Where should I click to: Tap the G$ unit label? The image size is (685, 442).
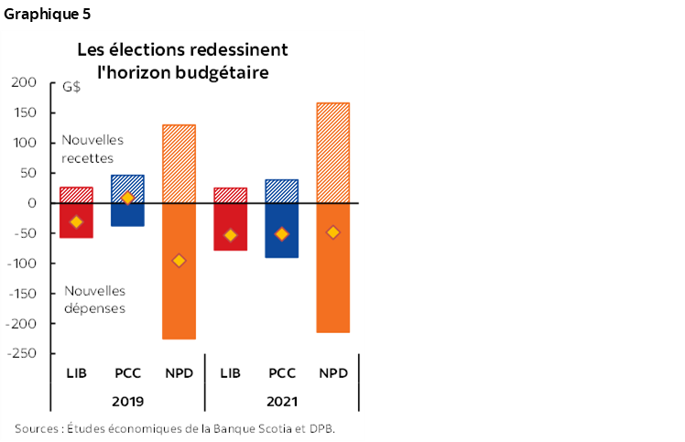pos(71,88)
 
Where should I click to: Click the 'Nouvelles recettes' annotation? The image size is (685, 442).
pos(92,148)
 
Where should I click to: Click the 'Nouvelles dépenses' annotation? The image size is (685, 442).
pos(95,299)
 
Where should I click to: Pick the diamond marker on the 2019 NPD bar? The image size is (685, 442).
pos(179,261)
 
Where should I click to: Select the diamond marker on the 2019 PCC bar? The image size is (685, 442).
pos(127,199)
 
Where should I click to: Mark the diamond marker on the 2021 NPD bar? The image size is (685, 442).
pos(332,232)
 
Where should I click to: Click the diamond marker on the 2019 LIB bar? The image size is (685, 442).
pos(76,222)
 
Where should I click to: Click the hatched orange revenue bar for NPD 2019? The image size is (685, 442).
pos(179,163)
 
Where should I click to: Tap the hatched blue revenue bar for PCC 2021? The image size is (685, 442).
pos(281,191)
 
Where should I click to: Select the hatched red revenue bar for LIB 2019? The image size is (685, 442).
pos(76,195)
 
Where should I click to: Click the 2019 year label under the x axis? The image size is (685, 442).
pos(127,401)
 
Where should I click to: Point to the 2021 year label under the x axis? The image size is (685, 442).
pos(281,401)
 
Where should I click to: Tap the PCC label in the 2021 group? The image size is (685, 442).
pos(281,373)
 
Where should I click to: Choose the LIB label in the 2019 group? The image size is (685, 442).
pos(76,373)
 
